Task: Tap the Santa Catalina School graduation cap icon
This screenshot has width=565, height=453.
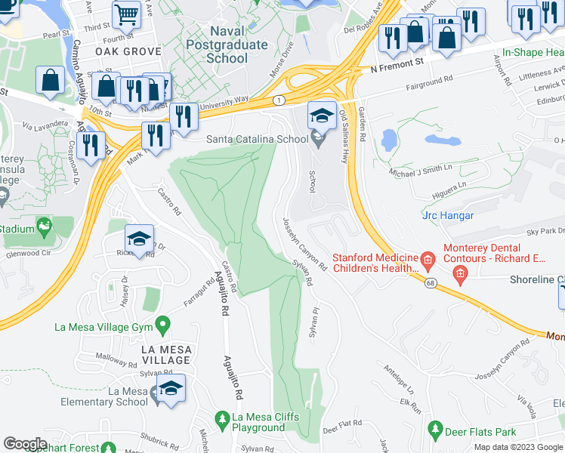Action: [x=322, y=116]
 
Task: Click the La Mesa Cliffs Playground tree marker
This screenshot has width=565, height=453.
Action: [x=222, y=418]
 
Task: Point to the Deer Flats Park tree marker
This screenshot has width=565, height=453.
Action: [x=435, y=430]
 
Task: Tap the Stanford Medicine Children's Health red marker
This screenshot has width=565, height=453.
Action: [x=428, y=262]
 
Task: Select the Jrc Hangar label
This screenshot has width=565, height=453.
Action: [x=447, y=216]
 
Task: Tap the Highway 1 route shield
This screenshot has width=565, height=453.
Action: [x=279, y=100]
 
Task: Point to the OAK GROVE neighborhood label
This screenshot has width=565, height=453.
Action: [x=128, y=51]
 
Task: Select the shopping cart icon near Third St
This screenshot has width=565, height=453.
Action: [x=126, y=14]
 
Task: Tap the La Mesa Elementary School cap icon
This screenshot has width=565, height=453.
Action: [x=171, y=388]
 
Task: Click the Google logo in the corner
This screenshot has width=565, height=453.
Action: [x=25, y=443]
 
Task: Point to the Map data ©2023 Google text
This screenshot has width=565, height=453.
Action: [x=518, y=447]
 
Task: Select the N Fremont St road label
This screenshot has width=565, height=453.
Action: [x=407, y=66]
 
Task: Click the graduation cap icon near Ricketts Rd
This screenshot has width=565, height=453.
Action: [x=139, y=239]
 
